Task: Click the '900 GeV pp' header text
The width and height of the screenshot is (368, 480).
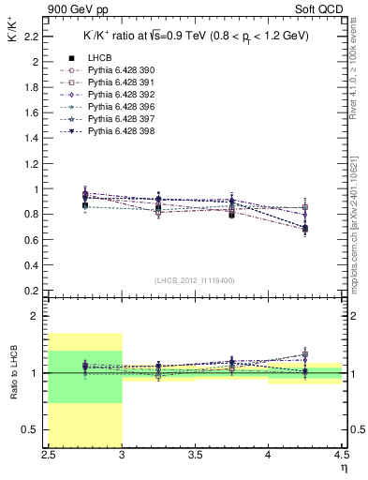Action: tap(78, 9)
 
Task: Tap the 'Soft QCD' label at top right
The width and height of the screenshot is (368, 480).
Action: tap(317, 9)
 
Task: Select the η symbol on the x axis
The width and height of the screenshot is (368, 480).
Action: tap(343, 466)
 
